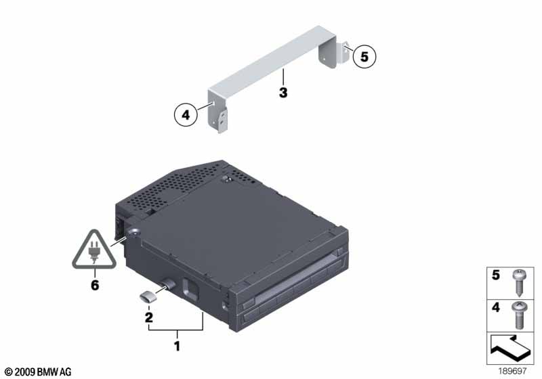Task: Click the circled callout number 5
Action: [x=364, y=56]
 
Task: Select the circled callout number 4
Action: [x=186, y=114]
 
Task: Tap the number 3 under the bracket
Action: [x=283, y=93]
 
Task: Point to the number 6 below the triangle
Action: [x=95, y=285]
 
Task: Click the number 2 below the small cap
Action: [x=149, y=317]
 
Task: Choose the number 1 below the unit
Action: [x=177, y=346]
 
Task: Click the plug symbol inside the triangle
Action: [x=93, y=253]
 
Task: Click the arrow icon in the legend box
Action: [x=510, y=349]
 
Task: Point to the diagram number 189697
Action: [x=512, y=371]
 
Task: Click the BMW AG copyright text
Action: [x=38, y=372]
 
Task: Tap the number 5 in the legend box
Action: [x=496, y=275]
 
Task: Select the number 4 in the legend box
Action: [x=496, y=307]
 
